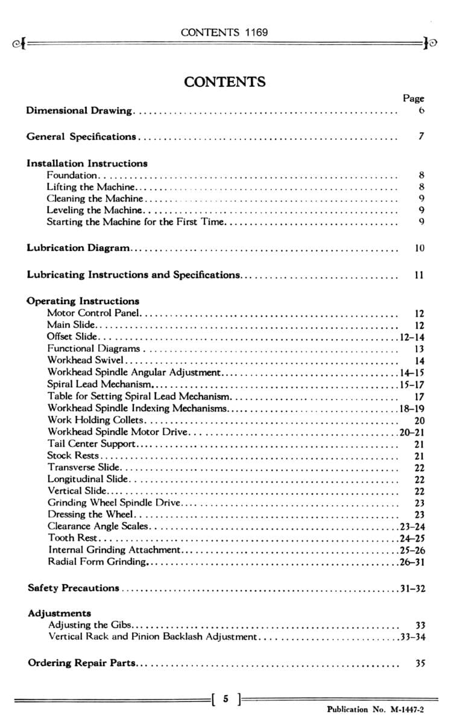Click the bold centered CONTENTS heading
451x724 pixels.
coord(225,81)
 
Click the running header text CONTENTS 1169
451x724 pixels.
coord(224,32)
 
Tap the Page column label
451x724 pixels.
coord(413,98)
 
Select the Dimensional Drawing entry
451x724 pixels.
coord(79,110)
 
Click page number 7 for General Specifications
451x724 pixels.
coord(421,136)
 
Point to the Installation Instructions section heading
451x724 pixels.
coord(87,163)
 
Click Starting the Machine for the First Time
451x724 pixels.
coord(136,221)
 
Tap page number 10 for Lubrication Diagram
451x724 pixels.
coord(420,248)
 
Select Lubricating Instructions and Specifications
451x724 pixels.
coord(133,275)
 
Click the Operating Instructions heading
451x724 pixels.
coord(83,301)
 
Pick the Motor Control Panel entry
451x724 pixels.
coord(93,313)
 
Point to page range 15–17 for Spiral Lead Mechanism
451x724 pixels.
coord(412,384)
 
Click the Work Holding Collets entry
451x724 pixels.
coord(96,420)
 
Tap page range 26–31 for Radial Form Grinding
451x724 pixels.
coord(412,562)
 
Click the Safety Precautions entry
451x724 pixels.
coord(74,588)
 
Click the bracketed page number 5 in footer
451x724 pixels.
coord(225,700)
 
